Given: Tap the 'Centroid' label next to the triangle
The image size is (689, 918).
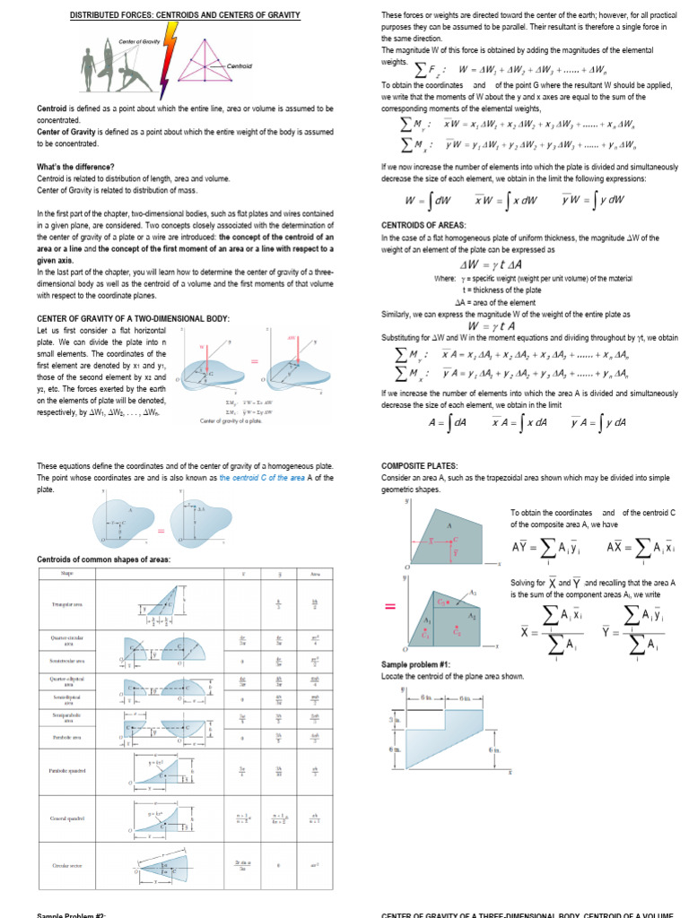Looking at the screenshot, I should coord(240,67).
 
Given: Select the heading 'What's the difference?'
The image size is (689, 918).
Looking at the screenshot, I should coord(75,167).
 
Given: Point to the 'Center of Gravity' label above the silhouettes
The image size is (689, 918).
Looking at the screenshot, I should coord(138,42).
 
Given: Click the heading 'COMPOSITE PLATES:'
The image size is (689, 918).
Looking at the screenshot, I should coord(420,466).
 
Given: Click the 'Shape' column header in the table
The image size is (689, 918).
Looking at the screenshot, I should coord(67,574).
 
